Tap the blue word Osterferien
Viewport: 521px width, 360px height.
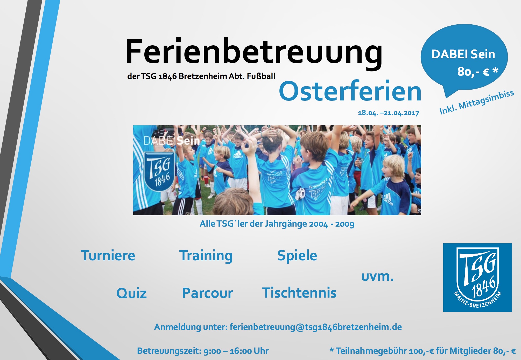(350, 91)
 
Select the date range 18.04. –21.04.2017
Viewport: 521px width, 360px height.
(388, 113)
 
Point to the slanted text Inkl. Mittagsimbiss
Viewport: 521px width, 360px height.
(476, 102)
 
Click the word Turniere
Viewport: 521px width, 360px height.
(108, 255)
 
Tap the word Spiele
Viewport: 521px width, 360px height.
(297, 256)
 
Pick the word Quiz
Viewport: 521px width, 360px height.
(131, 293)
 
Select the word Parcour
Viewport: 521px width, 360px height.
(207, 293)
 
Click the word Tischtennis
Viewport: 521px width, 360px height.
(299, 293)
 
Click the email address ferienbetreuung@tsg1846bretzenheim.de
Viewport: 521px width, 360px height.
(316, 327)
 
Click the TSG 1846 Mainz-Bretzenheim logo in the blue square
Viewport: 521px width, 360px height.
(477, 277)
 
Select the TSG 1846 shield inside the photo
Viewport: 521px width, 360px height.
(159, 171)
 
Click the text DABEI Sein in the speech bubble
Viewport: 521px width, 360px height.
(463, 54)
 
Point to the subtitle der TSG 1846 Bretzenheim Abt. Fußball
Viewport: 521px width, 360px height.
(201, 76)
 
